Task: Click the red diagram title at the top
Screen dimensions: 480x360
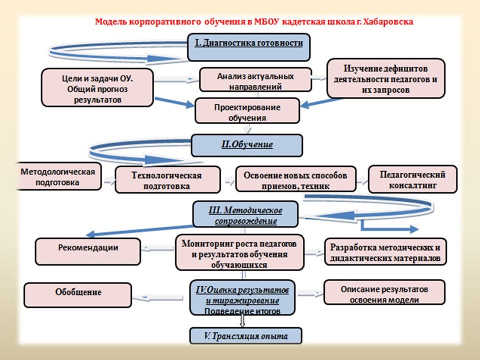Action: coord(254,22)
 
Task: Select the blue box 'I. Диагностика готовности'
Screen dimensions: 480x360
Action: coord(248,47)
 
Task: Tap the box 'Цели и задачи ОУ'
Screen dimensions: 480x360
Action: coord(97,87)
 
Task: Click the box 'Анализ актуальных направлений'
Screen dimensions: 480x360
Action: coord(255,80)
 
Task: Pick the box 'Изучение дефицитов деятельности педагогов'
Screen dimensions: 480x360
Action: coord(385,78)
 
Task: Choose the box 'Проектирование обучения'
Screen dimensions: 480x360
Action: coord(247,111)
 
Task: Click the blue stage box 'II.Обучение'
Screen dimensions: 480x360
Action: coord(246,145)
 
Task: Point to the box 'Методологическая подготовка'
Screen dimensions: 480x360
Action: coord(58,176)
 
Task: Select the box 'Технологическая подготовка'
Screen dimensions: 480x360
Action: coord(167,179)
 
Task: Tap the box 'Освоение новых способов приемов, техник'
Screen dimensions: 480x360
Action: coord(295,179)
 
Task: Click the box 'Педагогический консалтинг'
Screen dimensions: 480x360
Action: coord(412,179)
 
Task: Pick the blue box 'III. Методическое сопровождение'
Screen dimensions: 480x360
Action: coord(245,214)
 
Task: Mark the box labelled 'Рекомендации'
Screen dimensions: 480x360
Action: coord(88,251)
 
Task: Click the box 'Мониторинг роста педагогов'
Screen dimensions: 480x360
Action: coord(239,252)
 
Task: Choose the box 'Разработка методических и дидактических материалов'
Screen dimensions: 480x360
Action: coord(385,251)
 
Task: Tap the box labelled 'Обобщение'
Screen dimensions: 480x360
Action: coord(78,295)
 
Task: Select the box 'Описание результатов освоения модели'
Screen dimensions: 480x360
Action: coord(384,292)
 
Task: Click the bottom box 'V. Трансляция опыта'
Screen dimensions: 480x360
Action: coord(246,336)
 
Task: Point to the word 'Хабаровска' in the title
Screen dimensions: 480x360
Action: coord(389,22)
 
